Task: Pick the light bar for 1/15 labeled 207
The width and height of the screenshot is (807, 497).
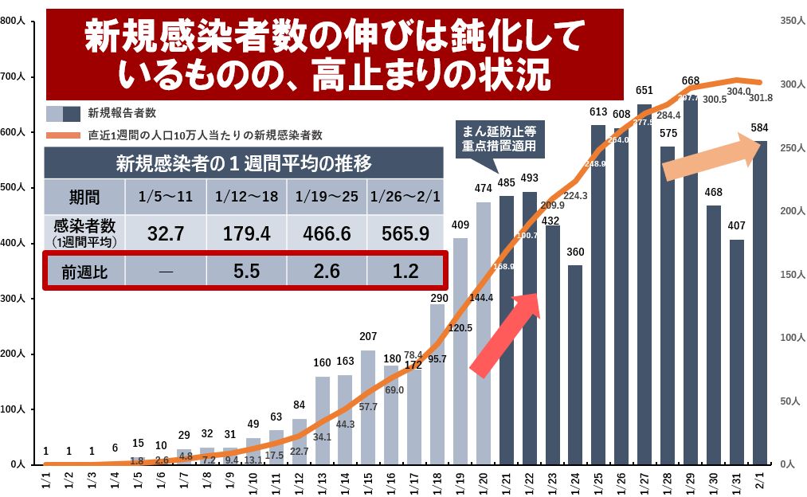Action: (x=367, y=407)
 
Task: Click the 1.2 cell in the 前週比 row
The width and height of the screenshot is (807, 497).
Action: (x=405, y=272)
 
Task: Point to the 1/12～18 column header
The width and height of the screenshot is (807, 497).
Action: (x=246, y=195)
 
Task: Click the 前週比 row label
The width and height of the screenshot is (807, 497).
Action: (x=84, y=272)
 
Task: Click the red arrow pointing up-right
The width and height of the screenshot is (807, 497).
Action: (x=507, y=334)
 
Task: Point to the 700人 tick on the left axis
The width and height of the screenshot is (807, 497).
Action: (x=15, y=77)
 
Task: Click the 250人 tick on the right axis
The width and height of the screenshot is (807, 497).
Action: (x=787, y=148)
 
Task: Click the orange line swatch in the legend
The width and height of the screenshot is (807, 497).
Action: (x=63, y=135)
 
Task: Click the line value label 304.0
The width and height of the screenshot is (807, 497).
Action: (x=738, y=92)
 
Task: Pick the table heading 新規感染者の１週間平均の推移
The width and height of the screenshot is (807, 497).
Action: (x=243, y=165)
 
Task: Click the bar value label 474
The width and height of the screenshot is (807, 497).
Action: (x=484, y=188)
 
